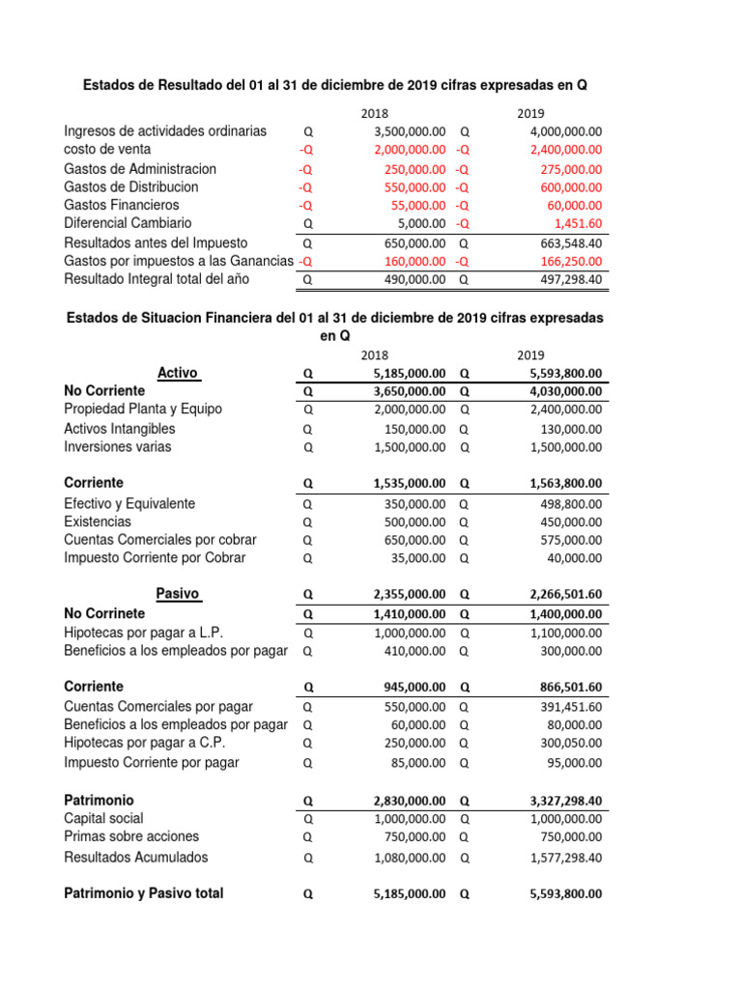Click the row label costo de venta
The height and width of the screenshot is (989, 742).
107,150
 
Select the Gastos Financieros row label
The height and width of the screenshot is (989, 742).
121,205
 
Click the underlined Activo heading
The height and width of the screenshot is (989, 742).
178,373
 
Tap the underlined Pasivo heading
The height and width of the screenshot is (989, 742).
178,593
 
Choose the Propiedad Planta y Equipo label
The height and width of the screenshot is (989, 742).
142,410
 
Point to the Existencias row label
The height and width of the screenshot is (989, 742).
98,522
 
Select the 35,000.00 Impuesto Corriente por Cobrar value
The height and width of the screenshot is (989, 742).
417,558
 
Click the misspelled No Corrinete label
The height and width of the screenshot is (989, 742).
104,613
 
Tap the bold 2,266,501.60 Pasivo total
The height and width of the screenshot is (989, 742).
565,594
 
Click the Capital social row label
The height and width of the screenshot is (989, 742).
103,819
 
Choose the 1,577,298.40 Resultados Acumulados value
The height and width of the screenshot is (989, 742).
565,858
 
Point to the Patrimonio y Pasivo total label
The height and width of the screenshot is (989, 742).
143,893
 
